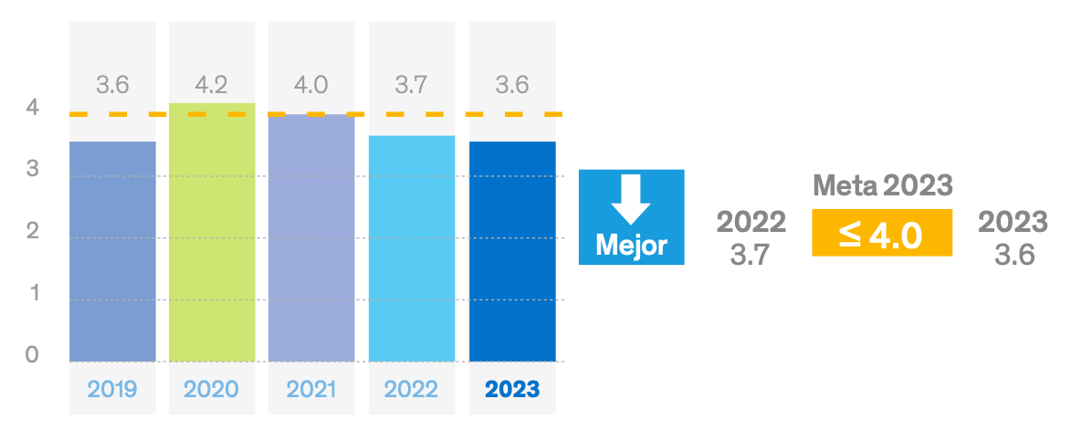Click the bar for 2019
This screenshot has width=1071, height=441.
pos(112,251)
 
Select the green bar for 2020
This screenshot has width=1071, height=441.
pos(212,233)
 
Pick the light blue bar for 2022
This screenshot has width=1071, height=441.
pos(412,248)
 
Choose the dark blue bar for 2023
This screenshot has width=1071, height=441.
pos(512,251)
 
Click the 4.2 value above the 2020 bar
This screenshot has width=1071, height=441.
pos(212,86)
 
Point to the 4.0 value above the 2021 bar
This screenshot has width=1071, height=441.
pos(311,86)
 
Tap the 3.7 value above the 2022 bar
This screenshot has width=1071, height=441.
pos(412,86)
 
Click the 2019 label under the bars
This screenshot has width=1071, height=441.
pos(112,390)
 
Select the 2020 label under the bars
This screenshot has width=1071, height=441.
pos(212,390)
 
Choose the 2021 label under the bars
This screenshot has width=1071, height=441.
pos(311,390)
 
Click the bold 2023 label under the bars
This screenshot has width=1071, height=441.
pos(512,390)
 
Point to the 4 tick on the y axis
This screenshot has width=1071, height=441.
pos(33,108)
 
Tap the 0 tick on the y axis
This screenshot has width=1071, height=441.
pos(33,354)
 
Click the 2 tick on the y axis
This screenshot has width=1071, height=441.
pos(33,231)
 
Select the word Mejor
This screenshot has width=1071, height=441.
pos(631,246)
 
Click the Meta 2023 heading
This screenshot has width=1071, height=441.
pos(882,186)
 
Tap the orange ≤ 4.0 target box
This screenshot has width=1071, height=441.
pos(882,234)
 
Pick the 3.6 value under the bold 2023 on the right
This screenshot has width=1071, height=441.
pos(1013,255)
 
